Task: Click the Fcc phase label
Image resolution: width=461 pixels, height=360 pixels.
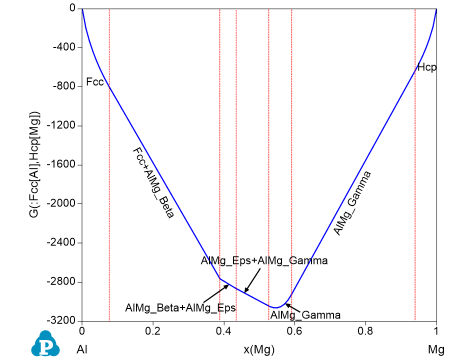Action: tap(95, 81)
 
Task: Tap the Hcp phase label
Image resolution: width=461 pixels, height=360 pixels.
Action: tap(427, 67)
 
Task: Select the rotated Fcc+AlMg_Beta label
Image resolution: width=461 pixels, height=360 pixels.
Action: tap(153, 183)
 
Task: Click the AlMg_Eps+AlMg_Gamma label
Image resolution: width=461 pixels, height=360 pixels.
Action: tap(264, 260)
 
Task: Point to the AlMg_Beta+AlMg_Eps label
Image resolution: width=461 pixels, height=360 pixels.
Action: tap(180, 307)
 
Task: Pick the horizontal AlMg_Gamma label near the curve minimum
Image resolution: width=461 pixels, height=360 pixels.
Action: tap(305, 315)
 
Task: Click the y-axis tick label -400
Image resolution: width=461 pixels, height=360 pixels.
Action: tap(63, 47)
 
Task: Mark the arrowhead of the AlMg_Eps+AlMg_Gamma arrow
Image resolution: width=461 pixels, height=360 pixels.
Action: tap(245, 291)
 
